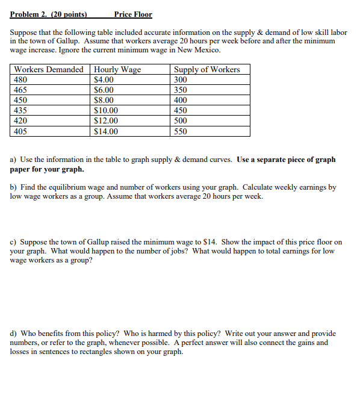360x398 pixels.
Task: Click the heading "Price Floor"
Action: point(132,14)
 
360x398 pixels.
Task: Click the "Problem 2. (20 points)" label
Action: point(49,14)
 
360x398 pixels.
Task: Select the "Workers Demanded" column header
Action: point(49,69)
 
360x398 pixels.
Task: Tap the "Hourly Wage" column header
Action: point(117,69)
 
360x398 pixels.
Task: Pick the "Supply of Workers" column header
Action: point(206,69)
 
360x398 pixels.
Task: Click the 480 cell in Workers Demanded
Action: point(20,79)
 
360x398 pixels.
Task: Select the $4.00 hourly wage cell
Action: point(104,79)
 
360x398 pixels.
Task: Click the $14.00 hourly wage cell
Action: point(106,131)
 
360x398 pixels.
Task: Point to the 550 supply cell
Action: point(180,131)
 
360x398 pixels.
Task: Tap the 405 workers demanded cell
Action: point(20,131)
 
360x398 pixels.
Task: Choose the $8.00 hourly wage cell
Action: point(104,100)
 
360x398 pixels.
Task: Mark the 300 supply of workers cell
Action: point(180,79)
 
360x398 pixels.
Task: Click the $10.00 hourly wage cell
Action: point(106,110)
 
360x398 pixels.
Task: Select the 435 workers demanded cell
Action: point(20,110)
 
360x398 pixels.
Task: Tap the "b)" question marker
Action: point(14,187)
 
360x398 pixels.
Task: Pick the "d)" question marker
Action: point(14,333)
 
